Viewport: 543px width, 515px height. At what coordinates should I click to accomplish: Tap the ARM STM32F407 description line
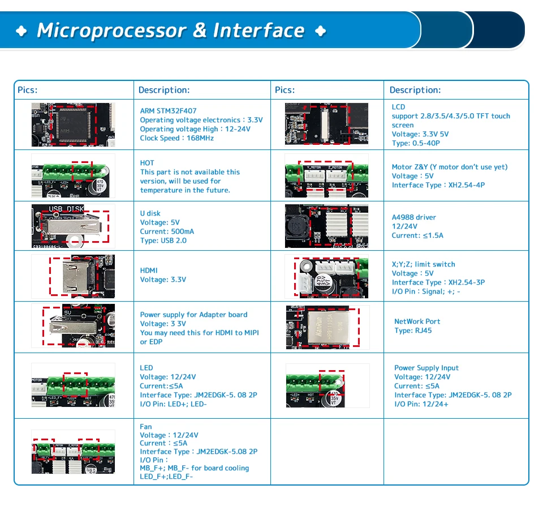click(169, 111)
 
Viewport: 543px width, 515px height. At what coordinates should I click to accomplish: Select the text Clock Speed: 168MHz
click(177, 138)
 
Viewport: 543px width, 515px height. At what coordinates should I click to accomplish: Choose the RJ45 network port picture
click(326, 327)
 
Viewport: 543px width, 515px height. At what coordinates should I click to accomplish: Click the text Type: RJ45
click(413, 331)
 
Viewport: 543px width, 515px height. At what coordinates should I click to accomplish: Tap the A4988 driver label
click(414, 217)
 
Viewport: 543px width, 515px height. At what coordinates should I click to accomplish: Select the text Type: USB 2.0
click(163, 241)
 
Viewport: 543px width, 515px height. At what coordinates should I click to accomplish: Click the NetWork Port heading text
click(417, 321)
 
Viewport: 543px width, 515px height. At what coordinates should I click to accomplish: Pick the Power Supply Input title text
click(426, 368)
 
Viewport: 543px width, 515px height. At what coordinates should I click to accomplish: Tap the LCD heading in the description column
click(398, 106)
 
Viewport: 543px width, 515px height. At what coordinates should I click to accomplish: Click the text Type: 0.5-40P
click(416, 143)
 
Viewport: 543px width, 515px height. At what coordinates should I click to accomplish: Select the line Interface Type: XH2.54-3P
click(438, 282)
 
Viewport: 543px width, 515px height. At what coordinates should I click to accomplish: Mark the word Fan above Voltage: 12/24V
click(146, 427)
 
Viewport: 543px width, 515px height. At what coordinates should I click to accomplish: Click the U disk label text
click(150, 213)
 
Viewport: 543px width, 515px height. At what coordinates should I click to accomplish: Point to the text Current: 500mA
click(167, 231)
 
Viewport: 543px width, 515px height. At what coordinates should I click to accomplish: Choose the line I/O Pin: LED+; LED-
click(174, 404)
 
